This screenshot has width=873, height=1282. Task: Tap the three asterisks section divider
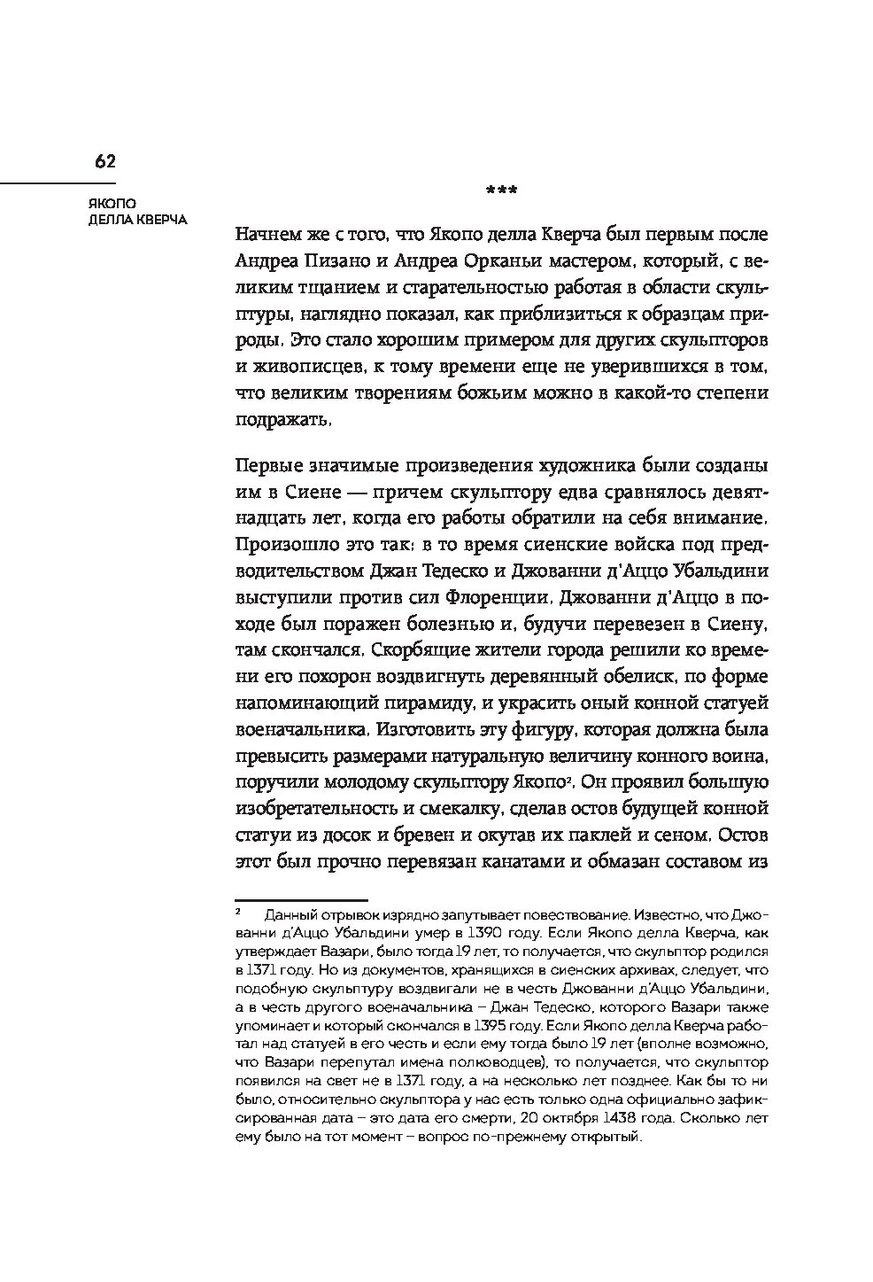point(502,190)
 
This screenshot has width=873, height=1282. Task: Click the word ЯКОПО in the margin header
point(96,204)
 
